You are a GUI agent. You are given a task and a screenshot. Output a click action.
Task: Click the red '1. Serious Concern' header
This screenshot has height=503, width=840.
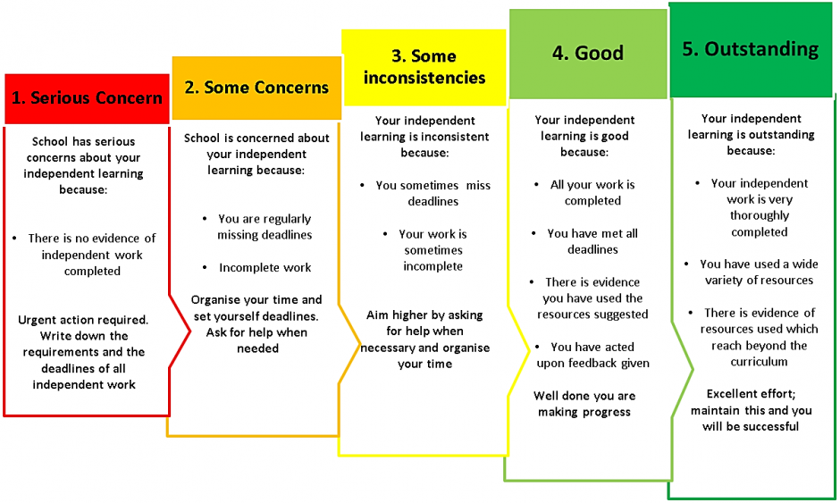[x=87, y=98]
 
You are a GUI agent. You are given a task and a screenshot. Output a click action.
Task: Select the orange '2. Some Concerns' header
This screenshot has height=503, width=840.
[x=256, y=88]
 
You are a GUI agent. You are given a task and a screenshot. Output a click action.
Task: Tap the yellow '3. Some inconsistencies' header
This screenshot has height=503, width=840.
[x=424, y=68]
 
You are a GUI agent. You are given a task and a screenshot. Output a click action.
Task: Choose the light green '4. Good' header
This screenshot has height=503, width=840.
[x=588, y=54]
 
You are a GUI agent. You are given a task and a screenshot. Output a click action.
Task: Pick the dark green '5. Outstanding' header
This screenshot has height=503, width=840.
[x=751, y=50]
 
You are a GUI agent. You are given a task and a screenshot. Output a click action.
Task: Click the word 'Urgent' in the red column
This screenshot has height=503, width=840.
[x=39, y=321]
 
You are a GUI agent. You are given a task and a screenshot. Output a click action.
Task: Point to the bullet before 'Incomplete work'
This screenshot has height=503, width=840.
[x=205, y=267]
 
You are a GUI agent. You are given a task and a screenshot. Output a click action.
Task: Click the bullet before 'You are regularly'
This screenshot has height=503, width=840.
[x=205, y=219]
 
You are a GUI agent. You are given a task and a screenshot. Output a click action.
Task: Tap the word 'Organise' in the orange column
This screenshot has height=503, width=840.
[x=214, y=300]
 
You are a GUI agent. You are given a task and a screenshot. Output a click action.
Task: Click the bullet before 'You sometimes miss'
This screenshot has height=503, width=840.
[x=362, y=185]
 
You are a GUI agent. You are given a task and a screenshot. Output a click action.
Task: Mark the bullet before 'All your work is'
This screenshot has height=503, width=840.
[x=536, y=185]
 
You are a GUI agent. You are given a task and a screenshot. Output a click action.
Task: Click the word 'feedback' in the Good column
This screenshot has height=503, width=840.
[x=592, y=364]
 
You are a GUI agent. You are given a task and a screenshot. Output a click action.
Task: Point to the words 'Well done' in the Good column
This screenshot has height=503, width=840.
[x=557, y=396]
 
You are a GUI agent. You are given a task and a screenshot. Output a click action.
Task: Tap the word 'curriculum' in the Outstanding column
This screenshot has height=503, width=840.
[x=759, y=362]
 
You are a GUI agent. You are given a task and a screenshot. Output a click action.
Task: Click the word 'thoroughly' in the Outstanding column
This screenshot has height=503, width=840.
[x=759, y=216]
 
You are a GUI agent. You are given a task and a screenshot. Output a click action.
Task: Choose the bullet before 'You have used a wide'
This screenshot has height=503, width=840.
[x=686, y=264]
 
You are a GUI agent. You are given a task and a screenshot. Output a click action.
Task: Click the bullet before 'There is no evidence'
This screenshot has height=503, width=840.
[x=14, y=239]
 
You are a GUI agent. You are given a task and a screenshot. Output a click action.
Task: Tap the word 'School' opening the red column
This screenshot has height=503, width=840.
[x=50, y=141]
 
